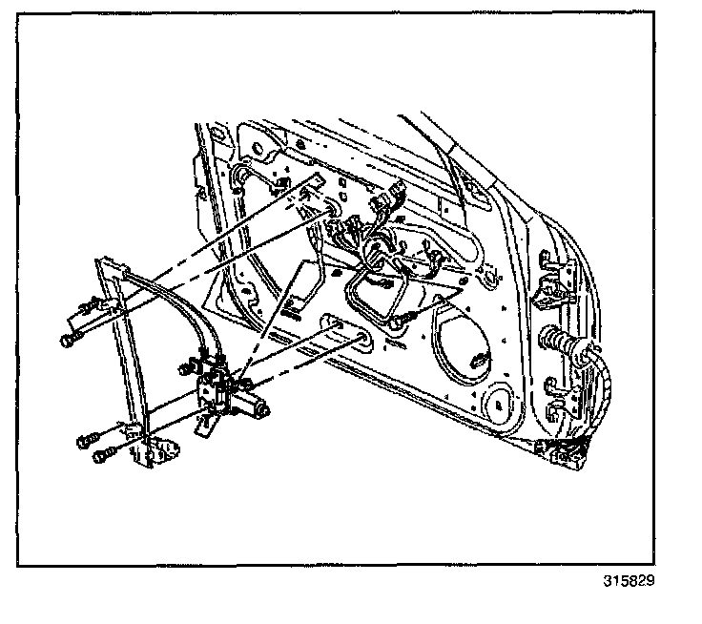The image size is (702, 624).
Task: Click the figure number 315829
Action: click(x=630, y=580)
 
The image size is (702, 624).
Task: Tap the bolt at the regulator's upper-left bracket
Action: click(x=69, y=340)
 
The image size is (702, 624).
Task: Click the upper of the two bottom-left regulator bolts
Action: click(x=85, y=440)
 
